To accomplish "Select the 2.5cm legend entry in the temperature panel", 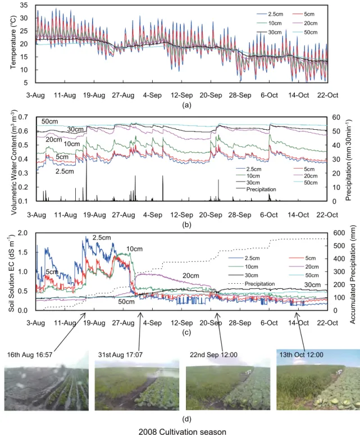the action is (270, 14).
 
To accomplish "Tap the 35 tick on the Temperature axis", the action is (24, 5).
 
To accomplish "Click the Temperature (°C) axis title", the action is (13, 42).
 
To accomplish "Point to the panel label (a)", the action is (186, 105).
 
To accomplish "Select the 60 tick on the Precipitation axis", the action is (336, 117).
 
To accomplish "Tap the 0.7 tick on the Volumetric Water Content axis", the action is (23, 117).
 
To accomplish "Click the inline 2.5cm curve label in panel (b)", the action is (65, 171).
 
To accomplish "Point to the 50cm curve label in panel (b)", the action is (50, 121).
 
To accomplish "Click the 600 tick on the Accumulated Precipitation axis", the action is (339, 233).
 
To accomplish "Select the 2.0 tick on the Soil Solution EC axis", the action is (22, 233).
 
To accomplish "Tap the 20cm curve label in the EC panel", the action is (190, 276).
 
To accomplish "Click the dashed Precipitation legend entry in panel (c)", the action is (252, 284).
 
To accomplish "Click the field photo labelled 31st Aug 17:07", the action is (137, 385).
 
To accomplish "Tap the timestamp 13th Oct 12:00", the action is (301, 355).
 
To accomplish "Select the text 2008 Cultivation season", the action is (183, 432).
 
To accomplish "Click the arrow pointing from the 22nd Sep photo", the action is (220, 332).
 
